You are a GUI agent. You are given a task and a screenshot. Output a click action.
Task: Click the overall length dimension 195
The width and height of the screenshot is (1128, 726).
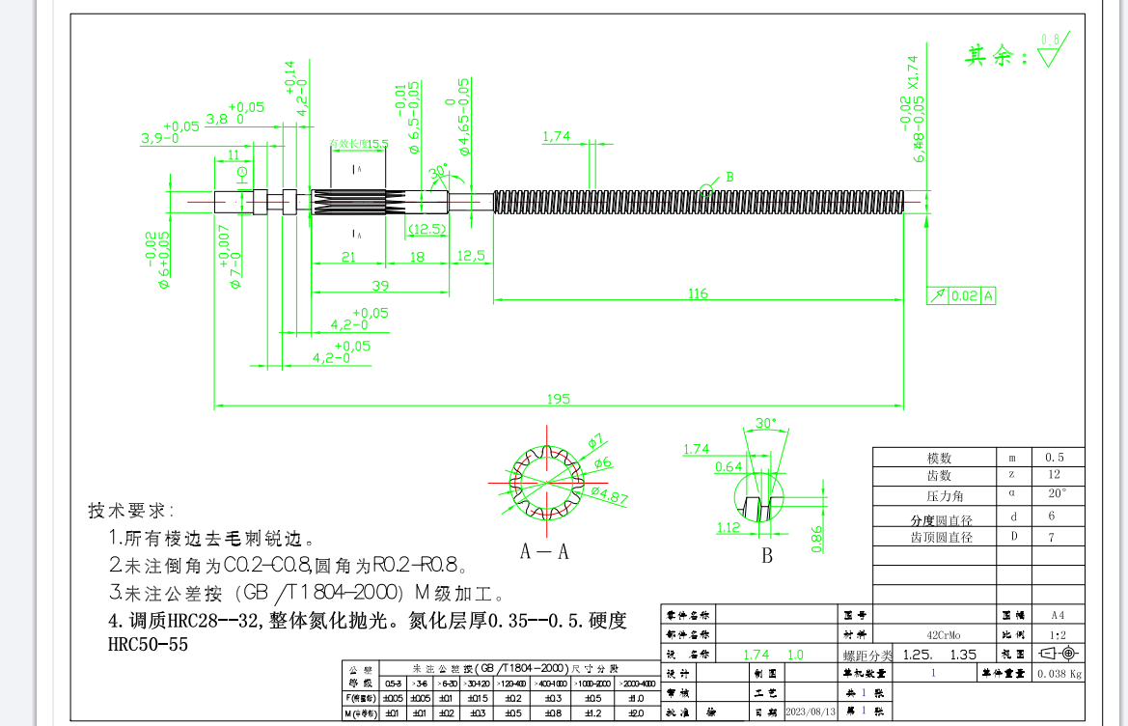(559, 398)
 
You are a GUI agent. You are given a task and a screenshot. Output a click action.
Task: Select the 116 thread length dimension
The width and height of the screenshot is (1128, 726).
(699, 293)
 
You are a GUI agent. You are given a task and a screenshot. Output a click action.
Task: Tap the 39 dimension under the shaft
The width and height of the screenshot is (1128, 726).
(380, 285)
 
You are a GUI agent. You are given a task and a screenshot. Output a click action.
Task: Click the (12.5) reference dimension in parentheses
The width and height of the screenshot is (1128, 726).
(426, 229)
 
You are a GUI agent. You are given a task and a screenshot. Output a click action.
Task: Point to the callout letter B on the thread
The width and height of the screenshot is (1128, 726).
(729, 177)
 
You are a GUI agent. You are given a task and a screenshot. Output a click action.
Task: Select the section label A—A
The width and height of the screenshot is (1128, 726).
(544, 551)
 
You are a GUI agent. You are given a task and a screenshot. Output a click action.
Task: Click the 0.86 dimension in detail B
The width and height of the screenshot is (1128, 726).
(817, 539)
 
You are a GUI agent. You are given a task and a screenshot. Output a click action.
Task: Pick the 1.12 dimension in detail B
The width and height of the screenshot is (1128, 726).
(728, 527)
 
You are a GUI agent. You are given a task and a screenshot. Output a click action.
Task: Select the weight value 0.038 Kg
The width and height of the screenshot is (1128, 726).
(1058, 675)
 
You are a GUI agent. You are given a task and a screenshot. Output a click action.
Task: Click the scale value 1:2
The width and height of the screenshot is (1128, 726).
(1057, 634)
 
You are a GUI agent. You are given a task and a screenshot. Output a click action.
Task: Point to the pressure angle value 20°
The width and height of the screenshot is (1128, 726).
(1058, 493)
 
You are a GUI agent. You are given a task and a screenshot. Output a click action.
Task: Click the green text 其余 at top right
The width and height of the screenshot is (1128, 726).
(997, 56)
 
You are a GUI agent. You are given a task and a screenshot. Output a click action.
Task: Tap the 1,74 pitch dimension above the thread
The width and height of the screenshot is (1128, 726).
(556, 136)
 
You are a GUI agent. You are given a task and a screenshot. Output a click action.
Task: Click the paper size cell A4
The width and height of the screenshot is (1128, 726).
(1058, 614)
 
